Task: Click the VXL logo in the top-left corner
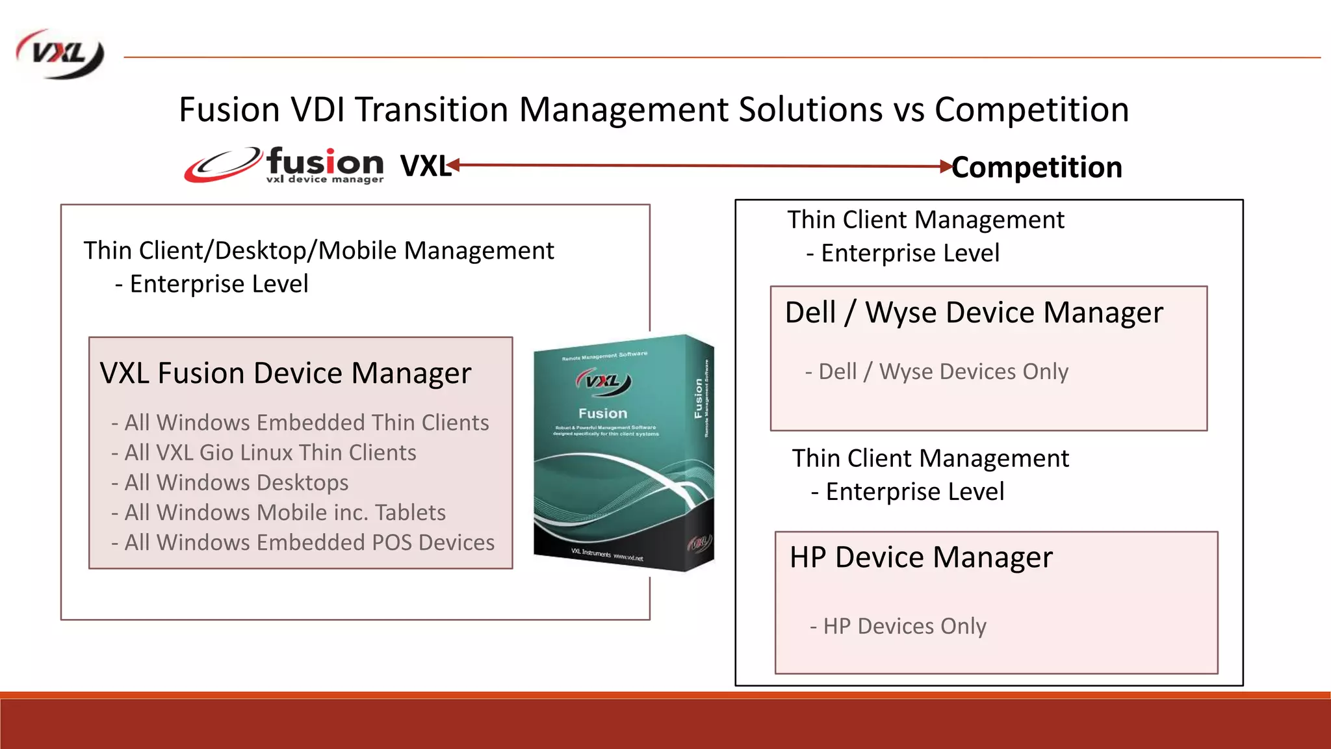tap(60, 55)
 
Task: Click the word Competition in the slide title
tap(1031, 109)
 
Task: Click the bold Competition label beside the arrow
tap(1037, 167)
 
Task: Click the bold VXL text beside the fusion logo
tap(424, 166)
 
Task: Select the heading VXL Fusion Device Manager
tap(285, 373)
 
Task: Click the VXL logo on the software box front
tap(603, 382)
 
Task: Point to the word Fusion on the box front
tap(603, 414)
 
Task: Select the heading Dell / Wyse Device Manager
tap(974, 313)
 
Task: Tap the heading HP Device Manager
tap(921, 557)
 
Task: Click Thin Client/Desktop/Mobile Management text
tap(318, 251)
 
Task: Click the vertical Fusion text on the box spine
tap(699, 398)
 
